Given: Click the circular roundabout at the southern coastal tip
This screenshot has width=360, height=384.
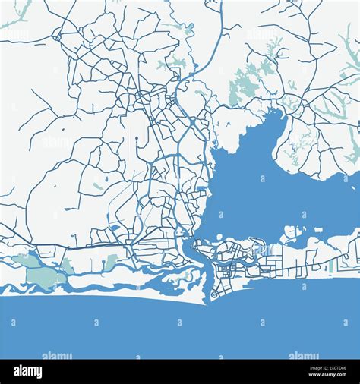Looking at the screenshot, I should tap(213, 293).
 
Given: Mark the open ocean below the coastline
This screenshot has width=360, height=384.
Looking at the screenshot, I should tap(180, 326).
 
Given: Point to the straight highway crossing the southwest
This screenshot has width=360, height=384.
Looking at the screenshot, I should tap(76, 247).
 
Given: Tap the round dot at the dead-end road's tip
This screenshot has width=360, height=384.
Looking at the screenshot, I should tap(136, 138).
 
